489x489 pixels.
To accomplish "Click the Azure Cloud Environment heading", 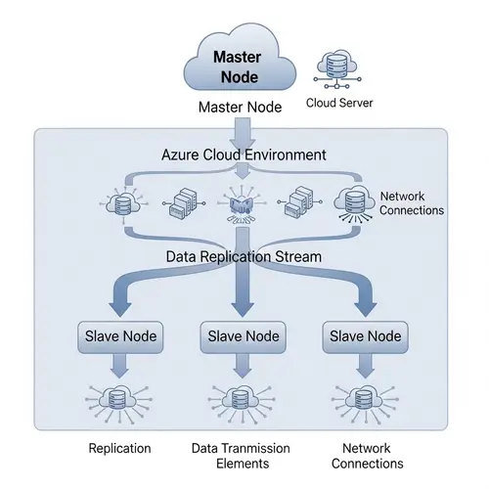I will click(x=243, y=156).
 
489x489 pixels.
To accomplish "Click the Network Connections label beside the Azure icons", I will click(x=411, y=203).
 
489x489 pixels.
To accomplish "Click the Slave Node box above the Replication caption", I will click(x=119, y=336).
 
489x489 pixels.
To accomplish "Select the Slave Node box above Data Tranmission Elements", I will click(x=240, y=336).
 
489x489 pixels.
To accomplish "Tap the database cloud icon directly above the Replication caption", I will click(x=118, y=402).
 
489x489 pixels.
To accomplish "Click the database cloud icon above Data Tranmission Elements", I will click(x=240, y=402).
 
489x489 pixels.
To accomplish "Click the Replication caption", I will click(x=119, y=448).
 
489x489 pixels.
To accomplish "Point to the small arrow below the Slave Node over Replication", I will click(x=118, y=367).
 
